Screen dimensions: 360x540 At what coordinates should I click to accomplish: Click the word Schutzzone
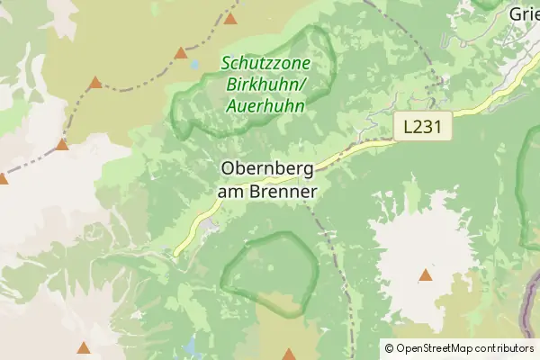(265, 64)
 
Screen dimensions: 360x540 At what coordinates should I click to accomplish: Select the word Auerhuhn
(265, 106)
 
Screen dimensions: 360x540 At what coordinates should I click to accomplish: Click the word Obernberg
(266, 169)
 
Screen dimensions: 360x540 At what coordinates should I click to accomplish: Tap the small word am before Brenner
(231, 192)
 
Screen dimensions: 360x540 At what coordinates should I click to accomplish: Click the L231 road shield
(422, 128)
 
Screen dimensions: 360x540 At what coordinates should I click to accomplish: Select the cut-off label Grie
(524, 14)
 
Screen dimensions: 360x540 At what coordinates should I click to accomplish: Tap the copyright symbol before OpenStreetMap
(389, 348)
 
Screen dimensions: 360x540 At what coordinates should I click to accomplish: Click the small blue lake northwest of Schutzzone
(193, 65)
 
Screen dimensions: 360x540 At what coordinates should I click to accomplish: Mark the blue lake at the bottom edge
(190, 345)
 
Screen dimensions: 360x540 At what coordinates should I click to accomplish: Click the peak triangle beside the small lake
(181, 52)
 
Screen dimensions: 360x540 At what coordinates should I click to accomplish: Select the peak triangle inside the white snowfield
(425, 275)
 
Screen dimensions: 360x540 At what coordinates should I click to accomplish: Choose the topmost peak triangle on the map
(230, 18)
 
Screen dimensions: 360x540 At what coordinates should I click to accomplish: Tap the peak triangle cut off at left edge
(3, 179)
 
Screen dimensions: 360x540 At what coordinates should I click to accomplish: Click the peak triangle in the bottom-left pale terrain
(84, 346)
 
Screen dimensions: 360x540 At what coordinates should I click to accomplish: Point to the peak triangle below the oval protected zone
(288, 354)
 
